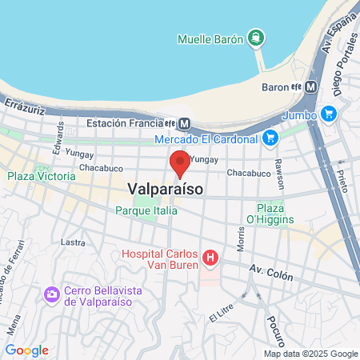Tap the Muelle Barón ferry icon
(255, 38)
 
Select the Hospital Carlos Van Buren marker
(210, 258)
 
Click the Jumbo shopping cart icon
(328, 114)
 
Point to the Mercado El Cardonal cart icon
(270, 138)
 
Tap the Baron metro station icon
(312, 86)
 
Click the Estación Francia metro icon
(184, 123)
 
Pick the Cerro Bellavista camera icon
(52, 294)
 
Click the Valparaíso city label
(165, 189)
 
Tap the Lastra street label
(73, 242)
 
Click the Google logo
(26, 350)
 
